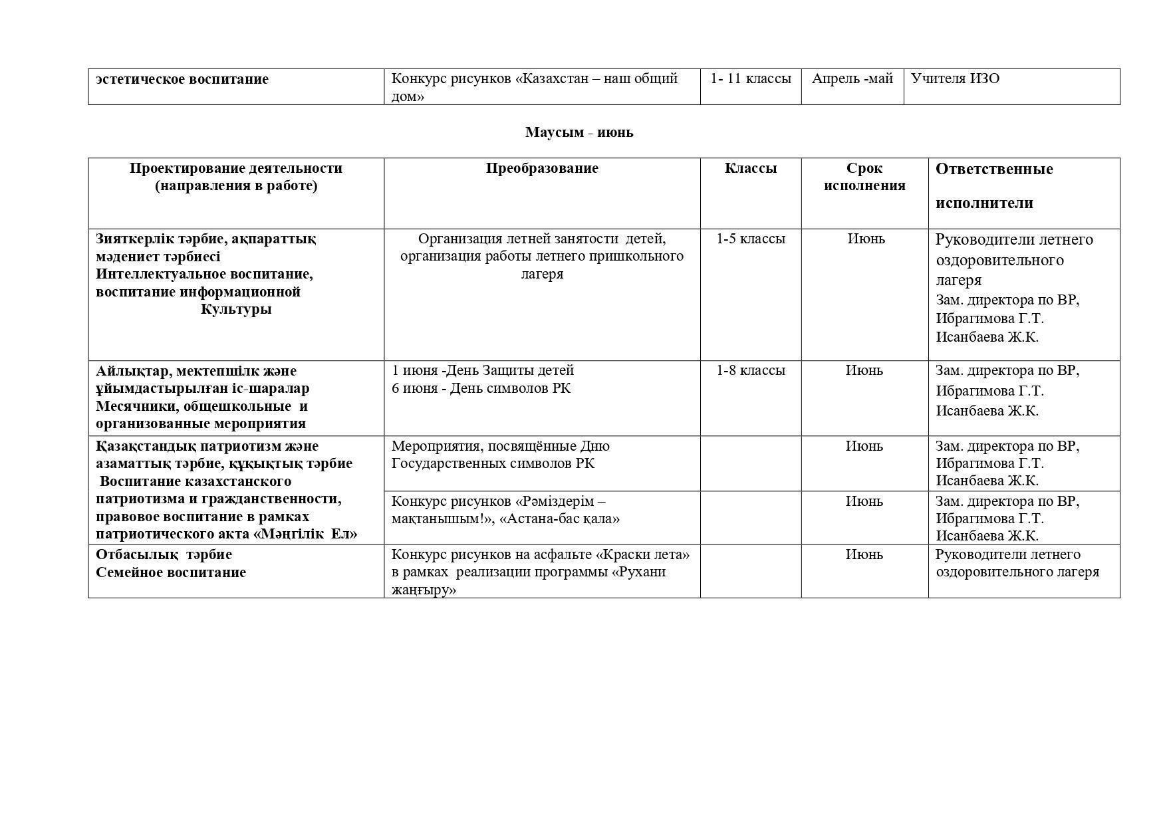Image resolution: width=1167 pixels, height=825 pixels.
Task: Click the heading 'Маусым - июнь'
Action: pyautogui.click(x=579, y=132)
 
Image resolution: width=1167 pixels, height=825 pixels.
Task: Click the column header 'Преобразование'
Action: pyautogui.click(x=542, y=168)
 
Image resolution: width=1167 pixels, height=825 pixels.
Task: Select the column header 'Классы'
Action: pyautogui.click(x=750, y=168)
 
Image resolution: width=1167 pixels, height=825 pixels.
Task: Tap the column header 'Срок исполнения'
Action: pyautogui.click(x=864, y=177)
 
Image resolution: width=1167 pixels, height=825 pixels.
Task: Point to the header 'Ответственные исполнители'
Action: pyautogui.click(x=993, y=185)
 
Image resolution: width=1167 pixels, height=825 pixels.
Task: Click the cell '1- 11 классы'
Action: pyautogui.click(x=750, y=79)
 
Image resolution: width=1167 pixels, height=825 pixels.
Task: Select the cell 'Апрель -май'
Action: pyautogui.click(x=852, y=79)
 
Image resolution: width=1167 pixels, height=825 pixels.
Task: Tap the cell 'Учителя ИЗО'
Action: pyautogui.click(x=955, y=79)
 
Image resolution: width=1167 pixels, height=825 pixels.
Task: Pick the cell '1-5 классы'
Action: pyautogui.click(x=750, y=239)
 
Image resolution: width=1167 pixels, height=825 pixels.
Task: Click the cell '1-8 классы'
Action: pyautogui.click(x=750, y=370)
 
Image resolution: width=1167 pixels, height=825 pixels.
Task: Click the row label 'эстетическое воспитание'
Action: pyautogui.click(x=182, y=79)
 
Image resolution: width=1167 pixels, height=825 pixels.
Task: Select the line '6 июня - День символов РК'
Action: pyautogui.click(x=481, y=388)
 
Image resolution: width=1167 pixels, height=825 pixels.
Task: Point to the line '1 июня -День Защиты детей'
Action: pyautogui.click(x=483, y=370)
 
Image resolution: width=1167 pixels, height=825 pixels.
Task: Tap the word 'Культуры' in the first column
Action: pyautogui.click(x=236, y=309)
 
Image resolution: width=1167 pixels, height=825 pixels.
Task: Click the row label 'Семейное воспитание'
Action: pyautogui.click(x=171, y=572)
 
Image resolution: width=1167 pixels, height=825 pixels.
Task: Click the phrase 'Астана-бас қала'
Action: pyautogui.click(x=562, y=519)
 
